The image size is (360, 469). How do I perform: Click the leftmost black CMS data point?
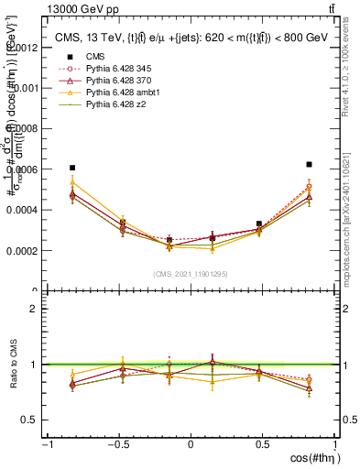[72, 168]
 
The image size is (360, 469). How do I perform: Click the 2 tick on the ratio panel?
[34, 309]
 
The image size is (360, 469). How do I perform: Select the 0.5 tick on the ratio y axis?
[30, 420]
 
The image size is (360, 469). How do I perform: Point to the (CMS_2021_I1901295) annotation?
[191, 273]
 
